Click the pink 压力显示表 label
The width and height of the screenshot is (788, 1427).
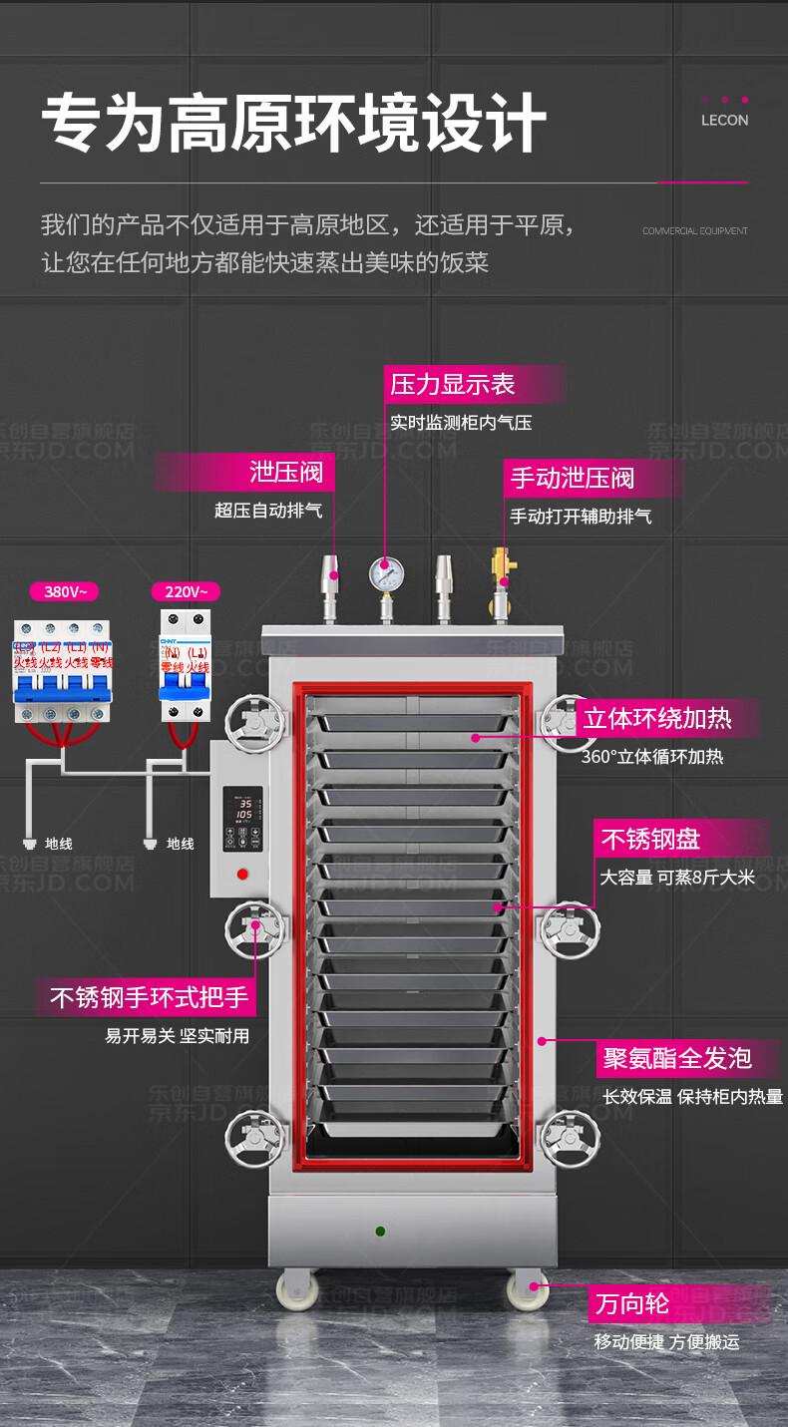[x=452, y=384]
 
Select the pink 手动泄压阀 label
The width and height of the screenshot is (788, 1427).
[x=572, y=478]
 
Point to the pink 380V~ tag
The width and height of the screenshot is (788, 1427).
[x=65, y=591]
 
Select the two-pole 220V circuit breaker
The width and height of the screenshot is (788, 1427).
[x=186, y=666]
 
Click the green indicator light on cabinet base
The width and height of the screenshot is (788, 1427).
[x=380, y=1232]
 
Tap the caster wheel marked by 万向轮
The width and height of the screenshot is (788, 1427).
[x=526, y=1288]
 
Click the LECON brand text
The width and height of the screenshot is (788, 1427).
[x=724, y=121]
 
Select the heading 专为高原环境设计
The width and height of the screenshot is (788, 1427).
[x=294, y=123]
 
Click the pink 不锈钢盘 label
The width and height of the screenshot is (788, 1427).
[x=648, y=839]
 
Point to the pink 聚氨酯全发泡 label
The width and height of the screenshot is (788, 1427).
[x=676, y=1058]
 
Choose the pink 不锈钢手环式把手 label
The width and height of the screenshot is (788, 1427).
[x=149, y=996]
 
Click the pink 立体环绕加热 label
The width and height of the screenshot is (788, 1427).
[x=657, y=718]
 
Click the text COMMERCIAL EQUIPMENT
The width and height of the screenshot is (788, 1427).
[x=694, y=231]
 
